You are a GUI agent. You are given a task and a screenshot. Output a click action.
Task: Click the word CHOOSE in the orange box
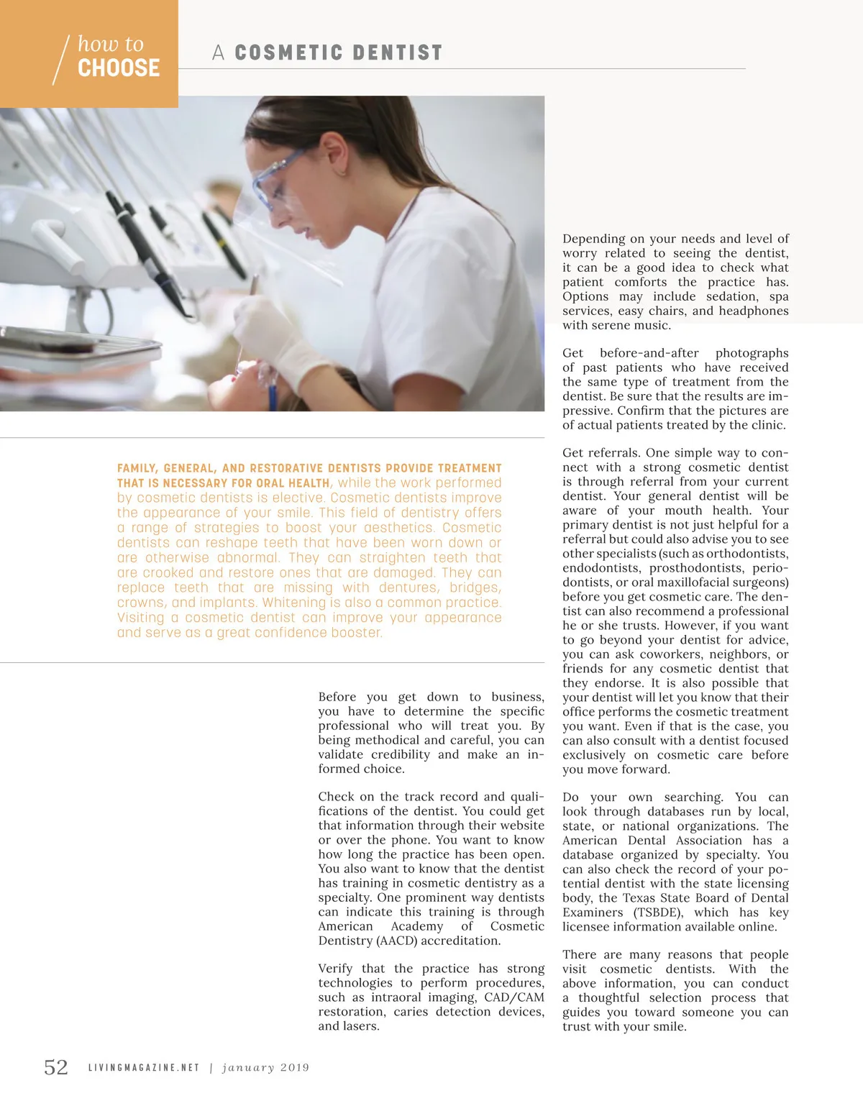(119, 68)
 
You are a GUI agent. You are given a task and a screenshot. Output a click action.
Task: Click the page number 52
(56, 1067)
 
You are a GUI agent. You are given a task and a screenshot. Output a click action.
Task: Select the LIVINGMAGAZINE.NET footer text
(144, 1068)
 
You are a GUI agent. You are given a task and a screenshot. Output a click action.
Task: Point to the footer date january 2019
(265, 1068)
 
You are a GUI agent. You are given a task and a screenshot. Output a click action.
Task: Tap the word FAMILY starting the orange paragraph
(137, 468)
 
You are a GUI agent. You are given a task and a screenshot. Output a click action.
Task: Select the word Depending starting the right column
(593, 239)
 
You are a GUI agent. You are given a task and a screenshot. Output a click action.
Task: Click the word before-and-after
(649, 353)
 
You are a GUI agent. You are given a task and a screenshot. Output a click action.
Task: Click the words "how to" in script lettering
(111, 44)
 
